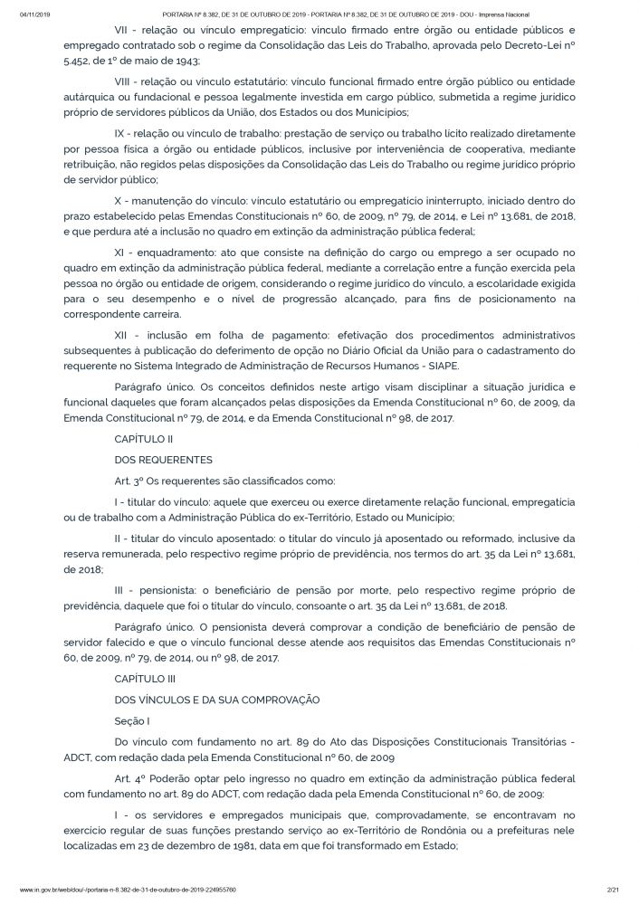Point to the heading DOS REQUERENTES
coord(164,459)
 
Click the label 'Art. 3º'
coord(131,481)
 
